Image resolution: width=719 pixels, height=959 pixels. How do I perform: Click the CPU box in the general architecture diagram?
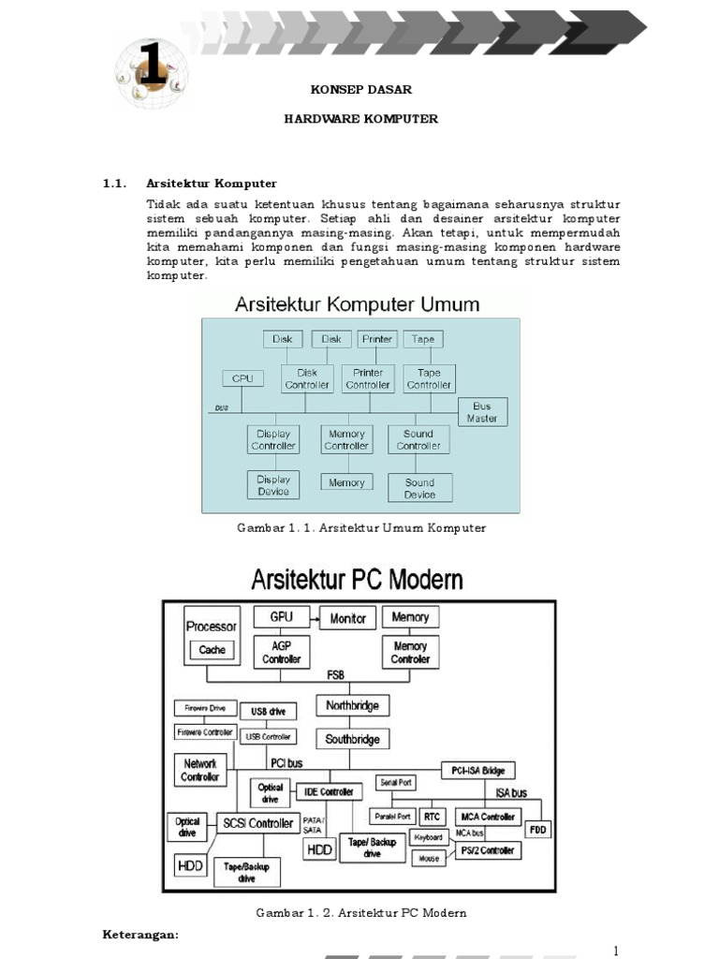242,378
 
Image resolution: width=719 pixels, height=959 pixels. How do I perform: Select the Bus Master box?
482,412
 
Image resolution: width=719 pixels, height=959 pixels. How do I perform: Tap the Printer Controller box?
368,378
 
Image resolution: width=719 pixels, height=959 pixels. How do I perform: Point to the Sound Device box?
419,488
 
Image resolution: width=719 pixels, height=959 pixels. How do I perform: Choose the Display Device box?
273,485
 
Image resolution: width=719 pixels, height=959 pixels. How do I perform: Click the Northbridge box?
353,705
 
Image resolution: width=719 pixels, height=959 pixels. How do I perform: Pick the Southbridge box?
353,739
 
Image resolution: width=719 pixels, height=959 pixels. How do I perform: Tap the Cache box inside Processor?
212,650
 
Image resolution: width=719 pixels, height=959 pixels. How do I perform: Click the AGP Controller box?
282,652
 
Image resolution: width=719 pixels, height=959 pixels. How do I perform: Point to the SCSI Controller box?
257,823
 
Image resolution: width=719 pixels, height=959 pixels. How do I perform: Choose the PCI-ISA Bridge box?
477,771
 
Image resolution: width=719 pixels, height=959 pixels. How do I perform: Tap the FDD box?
537,830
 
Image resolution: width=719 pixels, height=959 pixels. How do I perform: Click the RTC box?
432,817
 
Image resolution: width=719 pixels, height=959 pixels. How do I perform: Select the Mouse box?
429,858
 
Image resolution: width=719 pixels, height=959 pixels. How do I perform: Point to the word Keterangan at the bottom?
139,935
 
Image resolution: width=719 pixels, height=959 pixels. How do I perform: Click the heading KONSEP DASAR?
360,90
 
